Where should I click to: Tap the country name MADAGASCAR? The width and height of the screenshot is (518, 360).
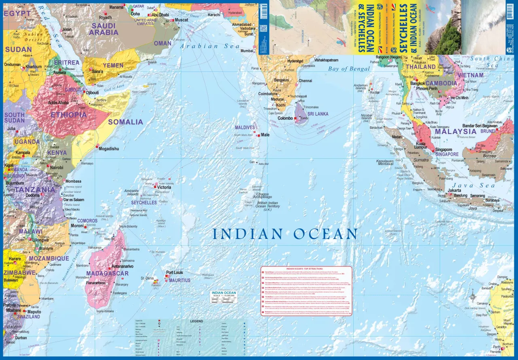click(x=107, y=273)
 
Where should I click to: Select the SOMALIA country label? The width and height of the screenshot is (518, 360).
click(x=125, y=122)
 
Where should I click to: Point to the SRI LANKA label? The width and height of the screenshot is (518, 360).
click(x=318, y=114)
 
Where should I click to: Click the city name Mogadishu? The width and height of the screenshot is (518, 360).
click(x=109, y=149)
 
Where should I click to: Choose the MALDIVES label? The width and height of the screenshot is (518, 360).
click(x=245, y=128)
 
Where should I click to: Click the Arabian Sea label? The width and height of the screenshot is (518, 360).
click(x=210, y=46)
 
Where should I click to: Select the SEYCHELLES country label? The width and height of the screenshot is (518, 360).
click(x=144, y=202)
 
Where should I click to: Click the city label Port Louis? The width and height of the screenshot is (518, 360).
click(x=175, y=273)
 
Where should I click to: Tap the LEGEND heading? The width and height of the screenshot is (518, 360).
click(x=197, y=321)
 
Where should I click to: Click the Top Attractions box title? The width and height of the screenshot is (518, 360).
click(x=306, y=268)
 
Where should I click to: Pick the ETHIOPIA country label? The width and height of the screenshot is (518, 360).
click(x=68, y=115)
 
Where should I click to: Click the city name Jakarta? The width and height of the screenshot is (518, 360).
click(x=454, y=190)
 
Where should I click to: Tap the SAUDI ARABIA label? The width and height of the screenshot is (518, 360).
click(x=104, y=29)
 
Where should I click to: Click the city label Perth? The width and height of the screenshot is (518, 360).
click(x=496, y=347)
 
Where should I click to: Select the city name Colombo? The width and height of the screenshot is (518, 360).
click(x=285, y=118)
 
